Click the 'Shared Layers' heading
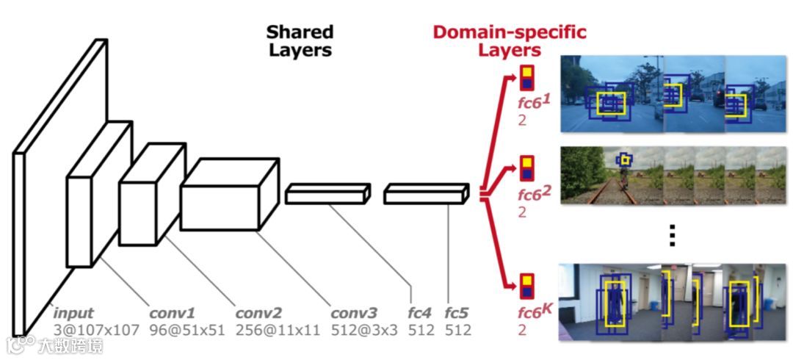coord(300,41)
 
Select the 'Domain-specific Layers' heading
coord(510,41)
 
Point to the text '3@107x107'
coord(95,330)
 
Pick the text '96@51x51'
coord(187,330)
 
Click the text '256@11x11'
coord(278,330)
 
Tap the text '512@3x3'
coord(364,330)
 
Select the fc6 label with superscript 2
coord(535,195)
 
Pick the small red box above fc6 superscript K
coord(527,285)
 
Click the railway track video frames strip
coord(675,175)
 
